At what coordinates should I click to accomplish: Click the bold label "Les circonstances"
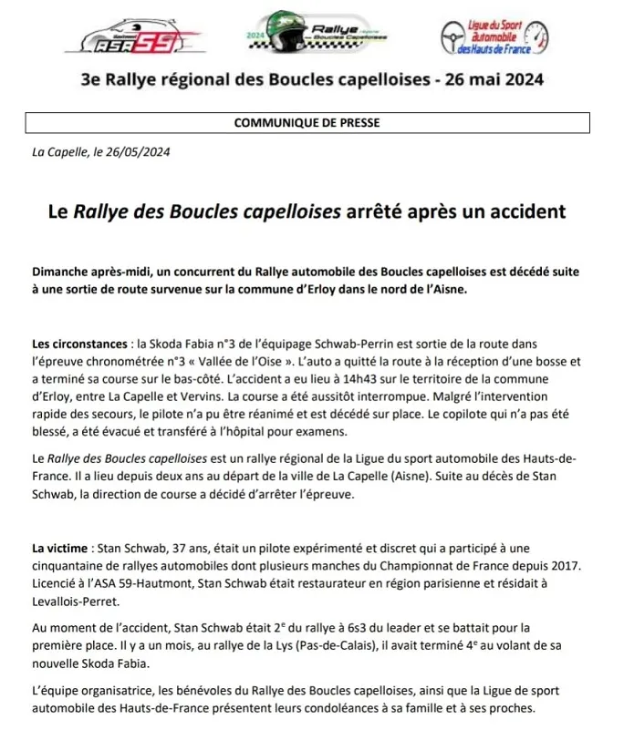(x=78, y=344)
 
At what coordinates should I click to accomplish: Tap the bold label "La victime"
(x=59, y=549)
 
